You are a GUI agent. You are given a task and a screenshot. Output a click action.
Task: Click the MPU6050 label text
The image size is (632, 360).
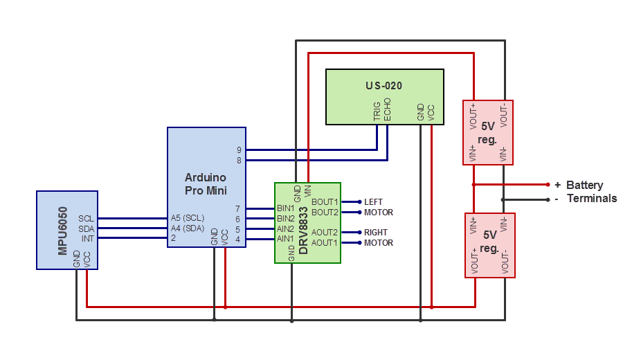[62, 231]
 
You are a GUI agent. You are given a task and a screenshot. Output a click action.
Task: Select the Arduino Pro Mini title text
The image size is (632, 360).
[206, 183]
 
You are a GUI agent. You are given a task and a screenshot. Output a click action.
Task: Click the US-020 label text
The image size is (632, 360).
[383, 86]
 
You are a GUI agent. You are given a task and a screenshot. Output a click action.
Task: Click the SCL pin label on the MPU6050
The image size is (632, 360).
[86, 218]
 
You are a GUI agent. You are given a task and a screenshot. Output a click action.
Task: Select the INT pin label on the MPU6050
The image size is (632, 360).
[87, 238]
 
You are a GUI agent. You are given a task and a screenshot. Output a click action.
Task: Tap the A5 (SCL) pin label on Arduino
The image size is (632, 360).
[187, 218]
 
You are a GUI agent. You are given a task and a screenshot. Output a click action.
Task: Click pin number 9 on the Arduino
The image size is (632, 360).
[239, 150]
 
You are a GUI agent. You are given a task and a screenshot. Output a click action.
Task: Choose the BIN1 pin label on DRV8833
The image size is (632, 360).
[285, 208]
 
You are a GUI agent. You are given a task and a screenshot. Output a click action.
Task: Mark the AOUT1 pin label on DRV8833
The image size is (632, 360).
[325, 242]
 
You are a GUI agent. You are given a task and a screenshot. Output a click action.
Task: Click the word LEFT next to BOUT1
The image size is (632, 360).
[373, 202]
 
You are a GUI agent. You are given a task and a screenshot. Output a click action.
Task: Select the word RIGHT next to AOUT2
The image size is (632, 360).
[376, 233]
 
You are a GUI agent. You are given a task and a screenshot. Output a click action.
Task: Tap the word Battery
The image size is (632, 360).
[584, 185]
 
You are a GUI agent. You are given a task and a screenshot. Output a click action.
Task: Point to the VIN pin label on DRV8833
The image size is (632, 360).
[307, 190]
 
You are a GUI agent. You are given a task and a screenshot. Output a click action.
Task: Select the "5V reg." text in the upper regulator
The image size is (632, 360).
[487, 133]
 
